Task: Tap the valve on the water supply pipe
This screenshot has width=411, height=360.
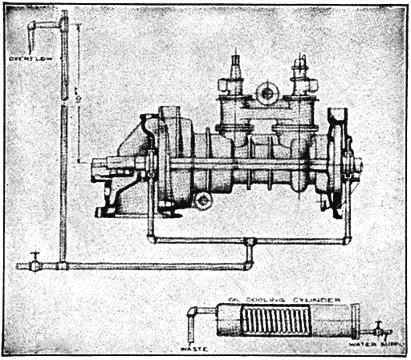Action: [377, 328]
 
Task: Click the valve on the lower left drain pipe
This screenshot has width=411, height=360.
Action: [35, 261]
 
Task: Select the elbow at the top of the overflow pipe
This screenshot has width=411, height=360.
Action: [35, 26]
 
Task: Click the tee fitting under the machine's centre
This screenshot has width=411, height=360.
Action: [250, 242]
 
